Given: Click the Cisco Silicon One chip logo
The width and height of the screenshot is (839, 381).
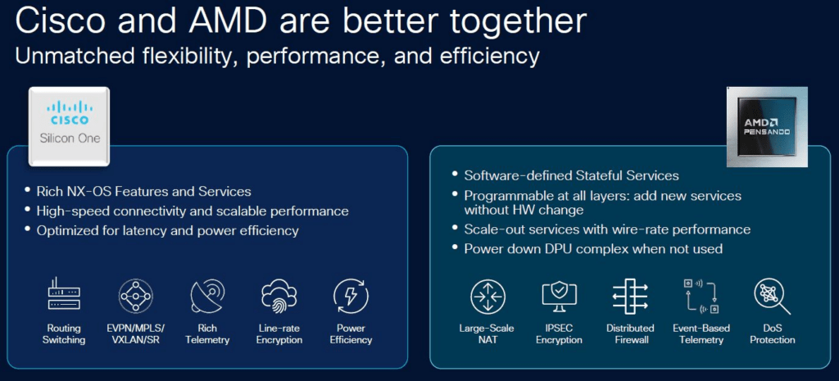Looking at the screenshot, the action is pyautogui.click(x=70, y=125).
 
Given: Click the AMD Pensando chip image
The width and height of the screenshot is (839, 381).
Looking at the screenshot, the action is pyautogui.click(x=766, y=127).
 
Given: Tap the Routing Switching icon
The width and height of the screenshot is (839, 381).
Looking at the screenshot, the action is pyautogui.click(x=64, y=294).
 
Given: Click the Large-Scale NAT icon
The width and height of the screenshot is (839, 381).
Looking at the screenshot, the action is pyautogui.click(x=488, y=297).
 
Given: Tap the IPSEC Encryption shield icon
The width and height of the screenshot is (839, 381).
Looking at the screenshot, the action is pyautogui.click(x=559, y=296).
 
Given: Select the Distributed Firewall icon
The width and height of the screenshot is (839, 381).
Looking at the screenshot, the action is pyautogui.click(x=630, y=296).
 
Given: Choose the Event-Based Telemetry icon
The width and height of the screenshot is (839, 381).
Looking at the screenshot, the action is pyautogui.click(x=701, y=296).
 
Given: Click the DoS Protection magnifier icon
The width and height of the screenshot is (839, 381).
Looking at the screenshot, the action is pyautogui.click(x=773, y=297).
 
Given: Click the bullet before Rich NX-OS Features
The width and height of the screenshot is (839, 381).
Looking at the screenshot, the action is pyautogui.click(x=27, y=190).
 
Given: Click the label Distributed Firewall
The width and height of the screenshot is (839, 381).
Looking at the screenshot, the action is pyautogui.click(x=630, y=334).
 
